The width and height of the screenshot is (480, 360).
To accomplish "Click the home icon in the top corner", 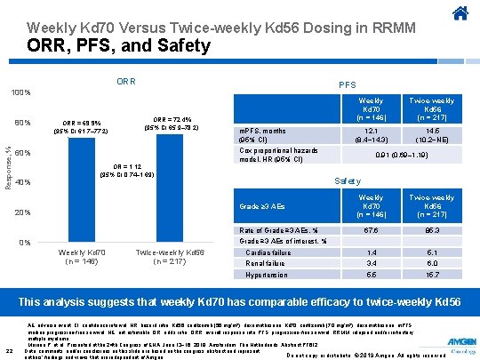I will coord(460,12).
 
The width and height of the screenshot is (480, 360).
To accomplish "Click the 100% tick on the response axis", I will coord(20,93).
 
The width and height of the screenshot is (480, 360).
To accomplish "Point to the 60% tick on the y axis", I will coord(22,153).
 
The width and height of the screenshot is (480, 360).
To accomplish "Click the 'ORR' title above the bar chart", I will coord(125,82).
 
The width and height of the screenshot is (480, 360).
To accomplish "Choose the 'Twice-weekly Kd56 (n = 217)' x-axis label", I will coord(170,257).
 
